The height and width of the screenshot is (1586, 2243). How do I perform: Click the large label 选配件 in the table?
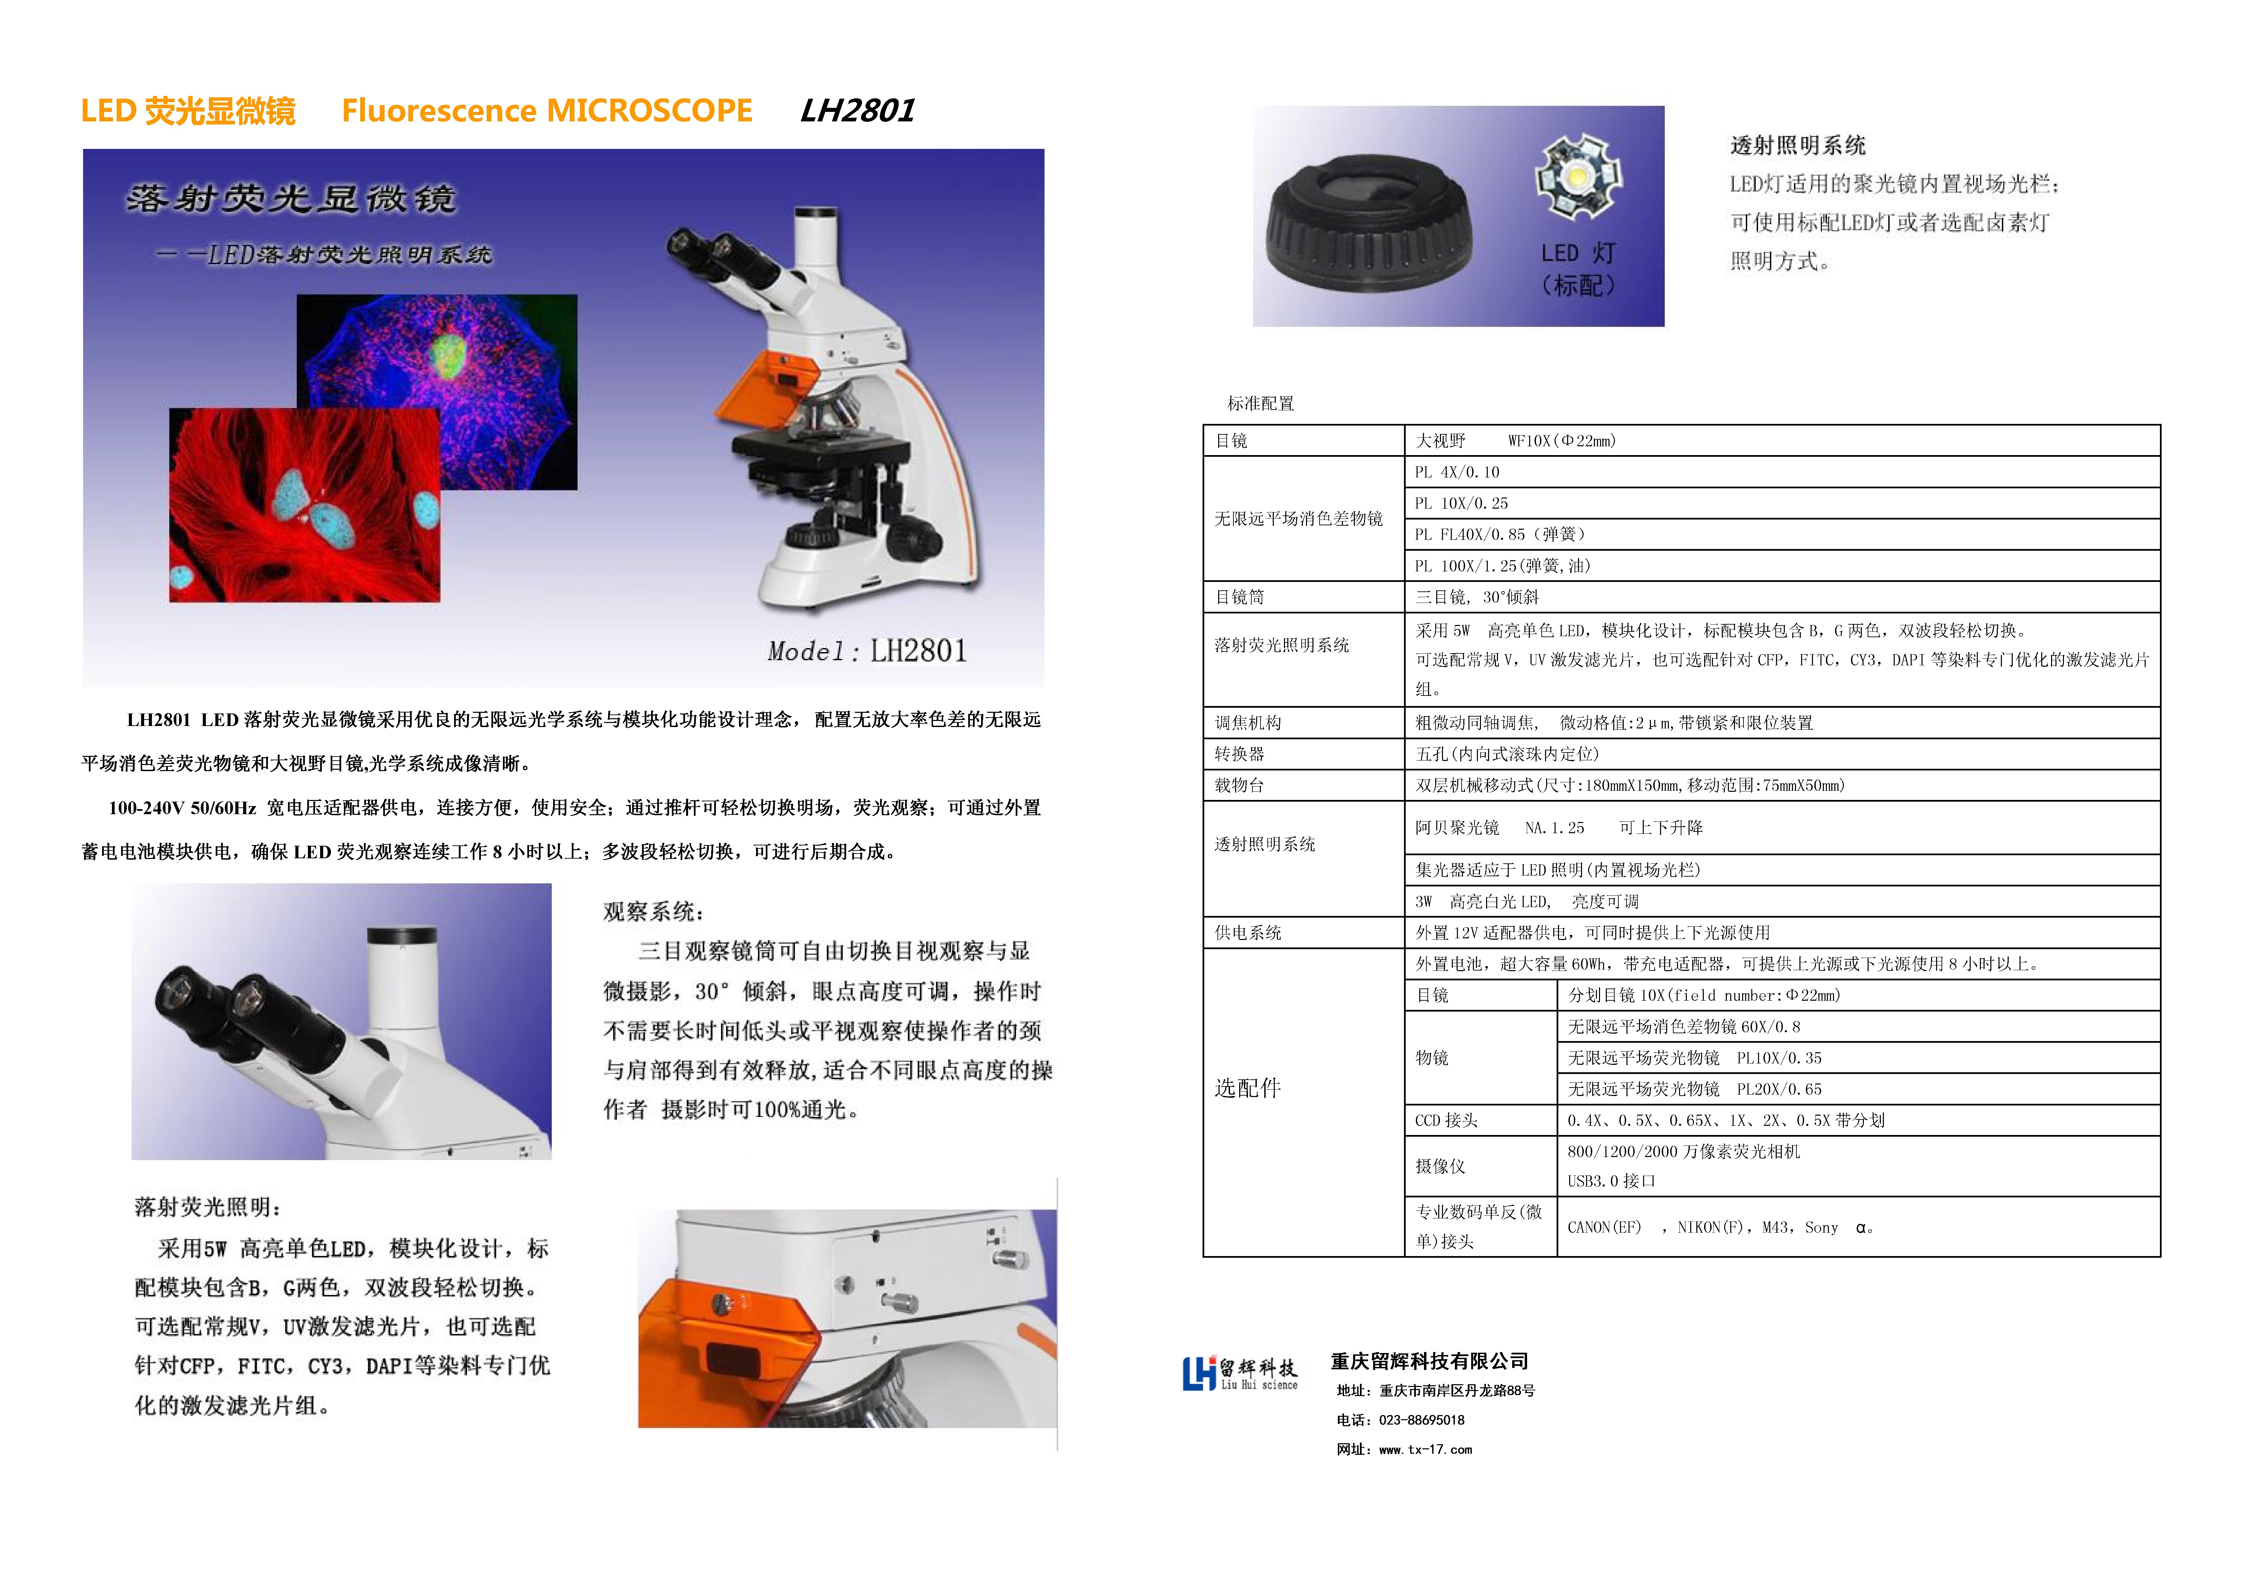(1248, 1088)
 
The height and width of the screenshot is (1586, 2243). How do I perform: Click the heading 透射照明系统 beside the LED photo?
(1797, 145)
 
